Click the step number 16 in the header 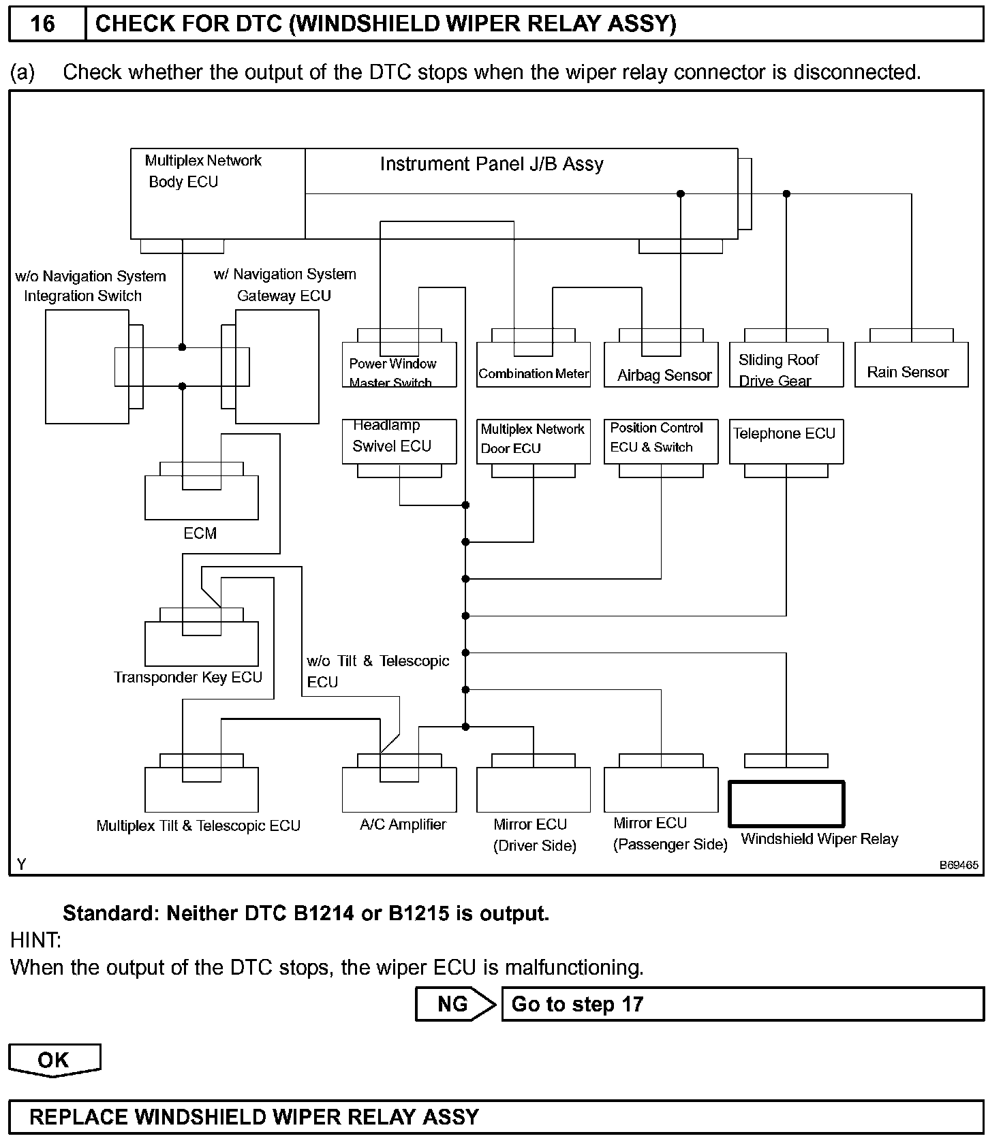[42, 24]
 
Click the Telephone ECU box [786, 441]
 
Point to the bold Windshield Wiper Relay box [786, 804]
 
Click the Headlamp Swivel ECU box [399, 441]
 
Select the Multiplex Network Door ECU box [534, 441]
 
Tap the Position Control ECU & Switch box [661, 441]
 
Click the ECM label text [200, 533]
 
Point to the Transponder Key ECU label [188, 677]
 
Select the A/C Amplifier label [403, 824]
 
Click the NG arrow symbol [456, 1004]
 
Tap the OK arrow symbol [54, 1060]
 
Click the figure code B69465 [959, 865]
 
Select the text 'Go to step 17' [577, 1004]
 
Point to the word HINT [35, 941]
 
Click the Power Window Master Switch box [399, 368]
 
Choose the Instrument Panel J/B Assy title [491, 164]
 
